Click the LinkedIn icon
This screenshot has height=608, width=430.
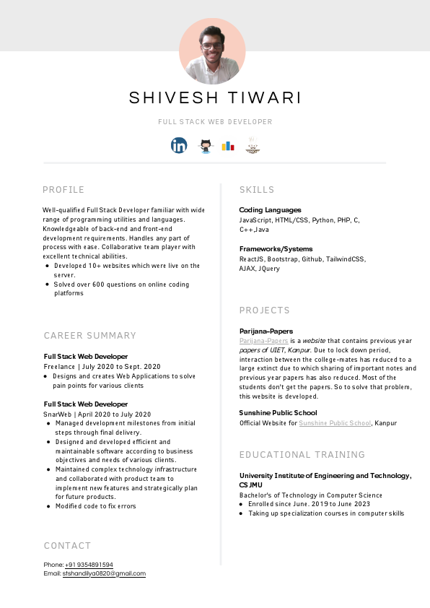click(x=179, y=145)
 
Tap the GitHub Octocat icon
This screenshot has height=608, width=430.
click(x=205, y=145)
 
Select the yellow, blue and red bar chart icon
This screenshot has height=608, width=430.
click(x=228, y=145)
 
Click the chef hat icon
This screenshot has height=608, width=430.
click(x=253, y=145)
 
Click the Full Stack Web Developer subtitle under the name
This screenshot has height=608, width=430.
click(x=215, y=122)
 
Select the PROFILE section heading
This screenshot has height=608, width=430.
click(x=63, y=190)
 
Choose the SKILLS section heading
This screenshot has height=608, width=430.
click(x=257, y=190)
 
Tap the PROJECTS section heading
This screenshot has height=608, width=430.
click(x=265, y=310)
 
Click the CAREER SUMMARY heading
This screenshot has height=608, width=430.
click(x=90, y=336)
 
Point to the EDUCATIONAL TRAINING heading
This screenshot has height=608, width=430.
click(x=302, y=455)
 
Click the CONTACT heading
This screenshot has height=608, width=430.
click(x=68, y=546)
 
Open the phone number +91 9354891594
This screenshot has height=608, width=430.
click(x=89, y=565)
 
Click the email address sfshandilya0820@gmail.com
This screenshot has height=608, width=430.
click(x=104, y=573)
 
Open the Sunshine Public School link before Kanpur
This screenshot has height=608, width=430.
click(x=335, y=423)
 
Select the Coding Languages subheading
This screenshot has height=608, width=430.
click(x=270, y=210)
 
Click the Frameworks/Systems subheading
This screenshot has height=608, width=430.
click(x=276, y=249)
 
